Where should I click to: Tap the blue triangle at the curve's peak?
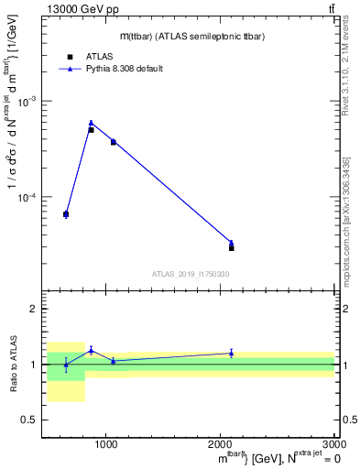(91, 122)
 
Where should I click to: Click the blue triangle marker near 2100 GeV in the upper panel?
(231, 243)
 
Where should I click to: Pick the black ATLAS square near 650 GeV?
(66, 214)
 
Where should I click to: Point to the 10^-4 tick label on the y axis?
(29, 198)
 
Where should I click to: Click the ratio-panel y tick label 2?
(34, 310)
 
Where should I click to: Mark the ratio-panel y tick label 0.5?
(30, 420)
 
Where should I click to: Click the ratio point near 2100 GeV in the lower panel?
(231, 353)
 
